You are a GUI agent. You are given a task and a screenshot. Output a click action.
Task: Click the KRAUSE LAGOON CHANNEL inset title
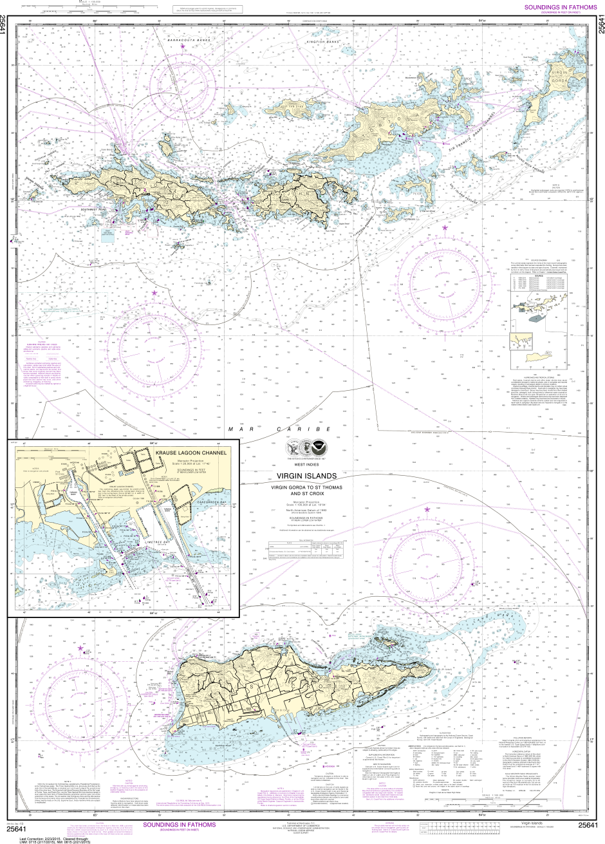191,454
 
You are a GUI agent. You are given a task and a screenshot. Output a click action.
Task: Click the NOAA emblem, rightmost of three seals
320,447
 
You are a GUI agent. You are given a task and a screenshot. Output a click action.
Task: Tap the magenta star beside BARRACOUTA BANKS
183,47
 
